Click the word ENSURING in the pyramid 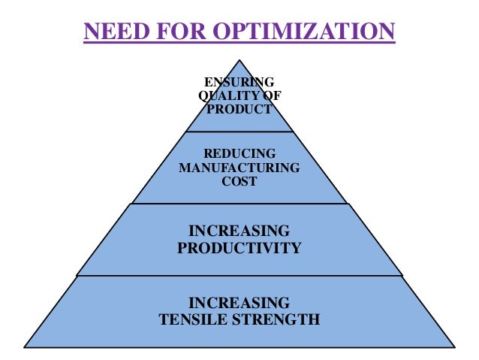(239, 82)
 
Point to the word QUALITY (225, 95)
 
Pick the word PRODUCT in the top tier (239, 109)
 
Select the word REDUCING (239, 154)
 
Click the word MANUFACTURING (239, 168)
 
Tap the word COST (239, 181)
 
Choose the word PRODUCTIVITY (239, 247)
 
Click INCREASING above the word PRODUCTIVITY (239, 230)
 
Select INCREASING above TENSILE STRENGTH (239, 303)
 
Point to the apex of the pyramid (239, 61)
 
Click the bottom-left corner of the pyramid (25, 346)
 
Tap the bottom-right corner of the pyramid (454, 346)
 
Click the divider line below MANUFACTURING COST (239, 203)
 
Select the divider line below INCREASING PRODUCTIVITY (239, 275)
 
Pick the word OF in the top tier (264, 95)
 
